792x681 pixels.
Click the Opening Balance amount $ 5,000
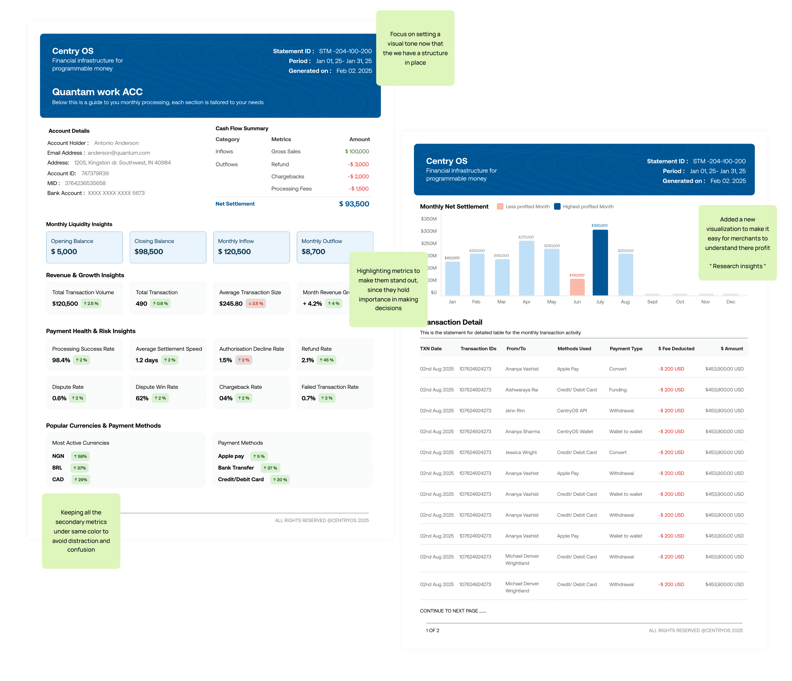(x=64, y=252)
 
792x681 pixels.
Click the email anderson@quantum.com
(x=119, y=153)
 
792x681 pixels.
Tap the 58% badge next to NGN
(x=80, y=456)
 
